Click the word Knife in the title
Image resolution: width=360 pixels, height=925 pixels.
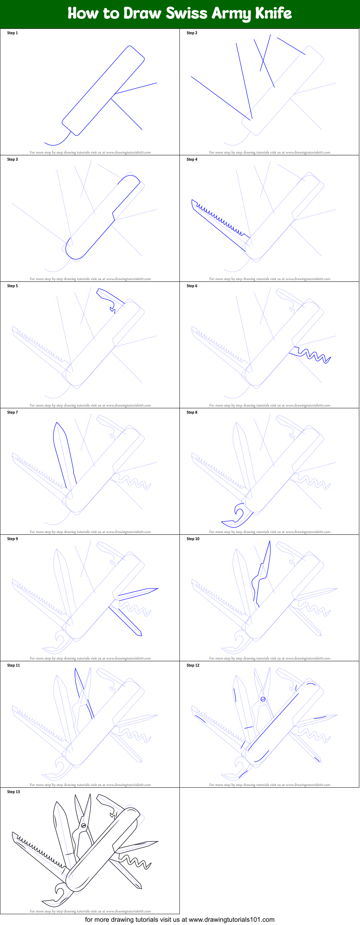click(273, 13)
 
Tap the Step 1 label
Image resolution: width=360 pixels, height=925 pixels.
click(12, 33)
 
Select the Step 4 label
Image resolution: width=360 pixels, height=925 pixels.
click(192, 159)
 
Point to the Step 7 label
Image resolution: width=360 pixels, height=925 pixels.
click(12, 412)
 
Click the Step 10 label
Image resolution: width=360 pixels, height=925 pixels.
click(193, 539)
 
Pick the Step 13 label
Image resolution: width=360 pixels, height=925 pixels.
click(13, 792)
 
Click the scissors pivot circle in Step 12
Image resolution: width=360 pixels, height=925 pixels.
click(263, 699)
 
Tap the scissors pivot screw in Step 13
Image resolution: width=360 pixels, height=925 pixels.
click(84, 826)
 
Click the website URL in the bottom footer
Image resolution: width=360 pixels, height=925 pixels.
click(231, 919)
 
